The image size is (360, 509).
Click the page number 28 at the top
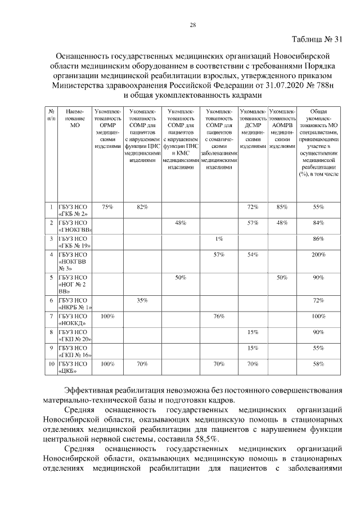(x=193, y=25)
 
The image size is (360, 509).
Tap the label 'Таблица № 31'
(x=317, y=39)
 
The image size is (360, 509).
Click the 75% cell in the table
(x=107, y=207)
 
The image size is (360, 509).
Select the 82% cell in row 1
(x=142, y=207)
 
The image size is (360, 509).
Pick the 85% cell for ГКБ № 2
(x=282, y=207)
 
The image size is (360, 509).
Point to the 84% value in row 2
(x=319, y=223)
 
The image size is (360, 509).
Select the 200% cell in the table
(x=319, y=255)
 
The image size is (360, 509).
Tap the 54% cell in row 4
(x=252, y=255)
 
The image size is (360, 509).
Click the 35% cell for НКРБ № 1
(x=142, y=301)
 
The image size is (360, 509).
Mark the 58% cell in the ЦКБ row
(x=319, y=364)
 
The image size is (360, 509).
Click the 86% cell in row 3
(x=319, y=239)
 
